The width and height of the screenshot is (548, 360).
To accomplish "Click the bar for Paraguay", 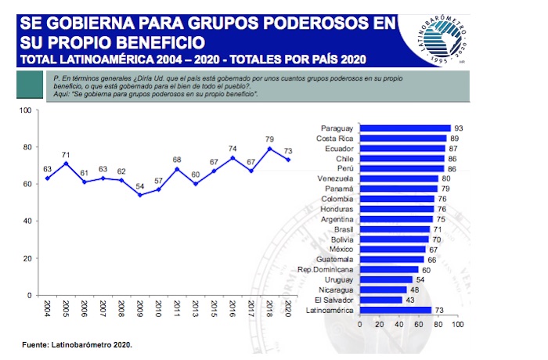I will coord(404,128).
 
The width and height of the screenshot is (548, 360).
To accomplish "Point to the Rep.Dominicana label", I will coord(326,269).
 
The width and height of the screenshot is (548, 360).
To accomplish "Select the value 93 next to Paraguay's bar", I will coord(458,128).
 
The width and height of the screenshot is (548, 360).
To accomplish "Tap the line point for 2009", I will coord(139,195).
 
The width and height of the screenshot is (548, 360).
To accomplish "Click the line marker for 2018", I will coord(269,149).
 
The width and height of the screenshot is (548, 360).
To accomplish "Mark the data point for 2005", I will coord(67,164).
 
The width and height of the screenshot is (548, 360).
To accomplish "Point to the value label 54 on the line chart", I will coord(139,185).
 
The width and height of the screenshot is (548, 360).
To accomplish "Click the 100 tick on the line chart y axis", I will coord(23,110).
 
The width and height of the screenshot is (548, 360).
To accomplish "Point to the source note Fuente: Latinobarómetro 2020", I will coord(76,344).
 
